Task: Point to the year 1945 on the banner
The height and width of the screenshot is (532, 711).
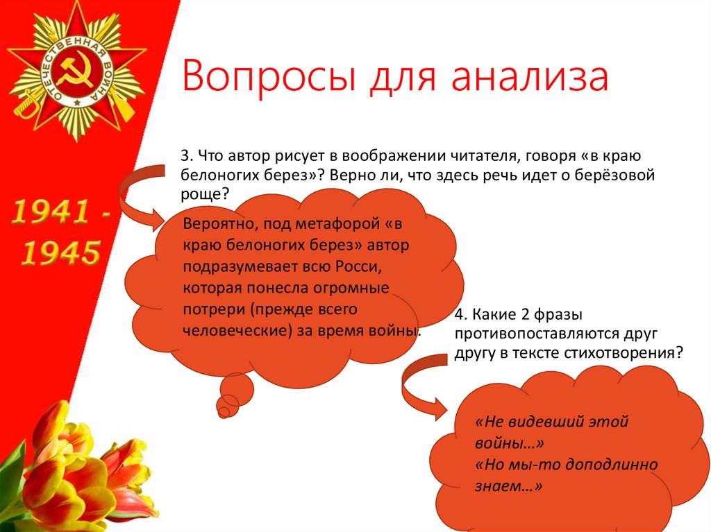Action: pyautogui.click(x=60, y=253)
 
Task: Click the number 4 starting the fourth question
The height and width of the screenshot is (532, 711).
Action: pyautogui.click(x=459, y=314)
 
